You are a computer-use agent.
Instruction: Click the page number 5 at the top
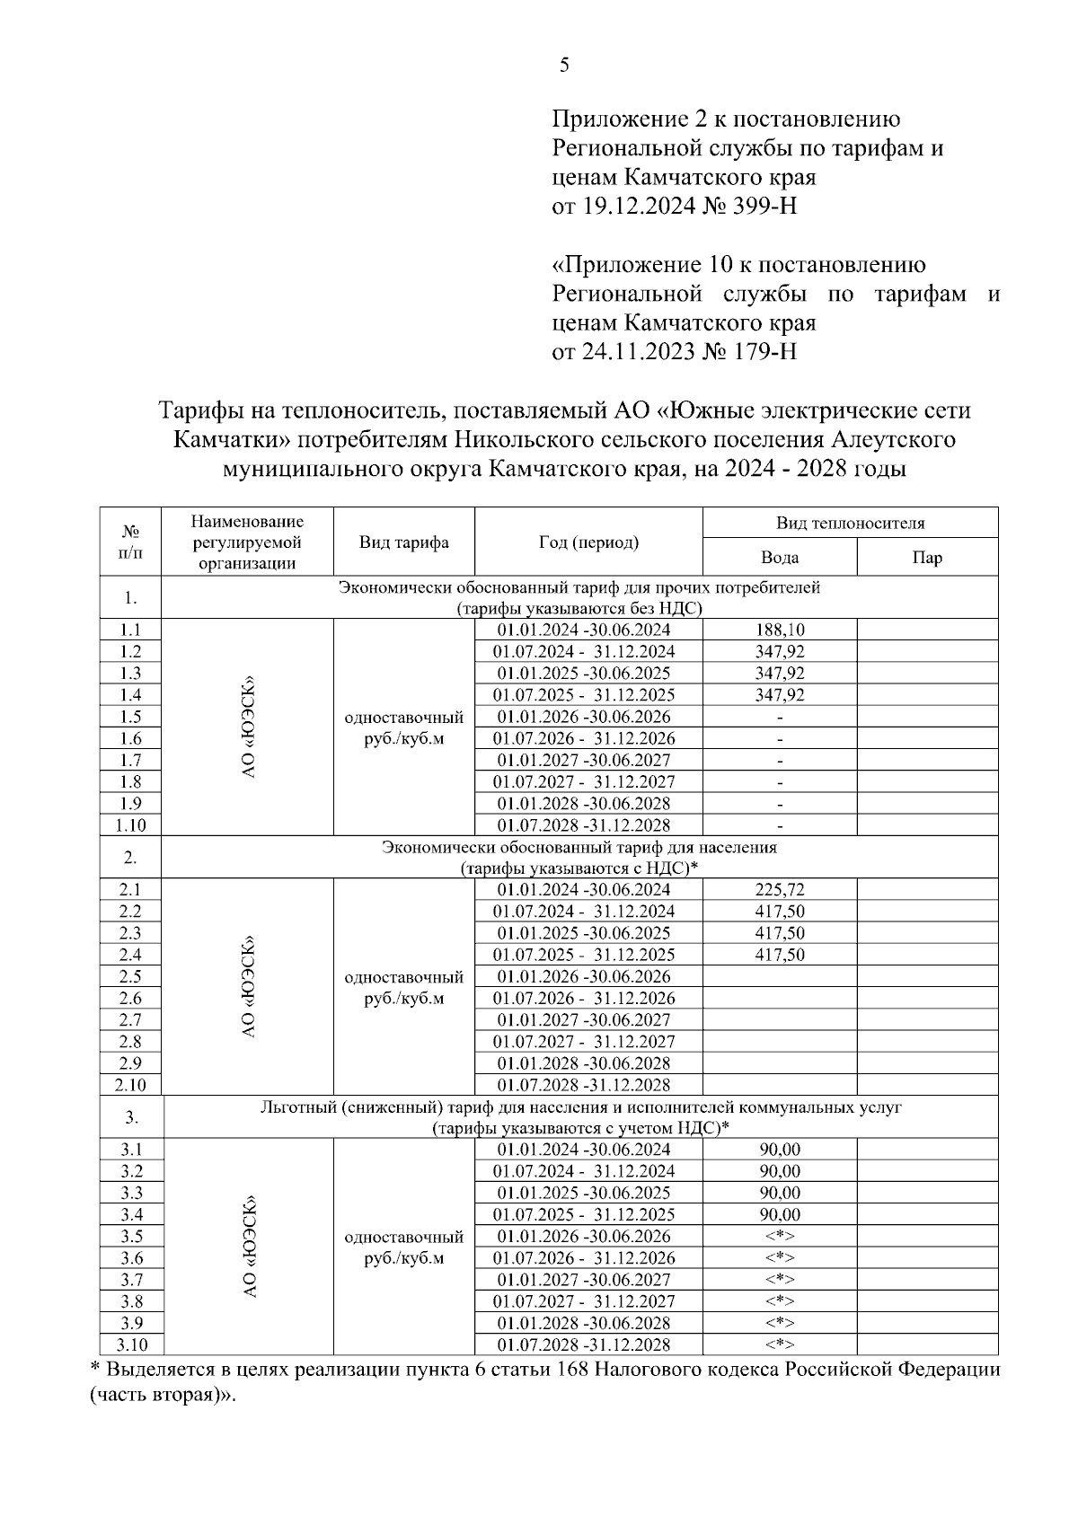[564, 65]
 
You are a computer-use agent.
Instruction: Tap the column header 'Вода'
[779, 558]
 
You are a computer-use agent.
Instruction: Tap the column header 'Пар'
[927, 558]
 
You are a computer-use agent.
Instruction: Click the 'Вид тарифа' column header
[403, 542]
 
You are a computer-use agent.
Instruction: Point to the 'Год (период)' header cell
[588, 542]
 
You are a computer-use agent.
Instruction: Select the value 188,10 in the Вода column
[779, 630]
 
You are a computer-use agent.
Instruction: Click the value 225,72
[779, 889]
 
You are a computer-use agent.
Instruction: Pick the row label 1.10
[130, 825]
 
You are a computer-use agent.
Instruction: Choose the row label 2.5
[130, 976]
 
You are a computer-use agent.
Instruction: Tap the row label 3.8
[131, 1301]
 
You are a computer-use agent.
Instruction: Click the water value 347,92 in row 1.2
[779, 651]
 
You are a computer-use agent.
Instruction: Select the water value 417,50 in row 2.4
[779, 955]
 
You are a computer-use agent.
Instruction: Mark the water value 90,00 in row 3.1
[779, 1150]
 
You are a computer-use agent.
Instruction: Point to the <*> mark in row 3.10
[779, 1345]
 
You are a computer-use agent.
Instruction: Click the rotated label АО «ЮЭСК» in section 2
[248, 987]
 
